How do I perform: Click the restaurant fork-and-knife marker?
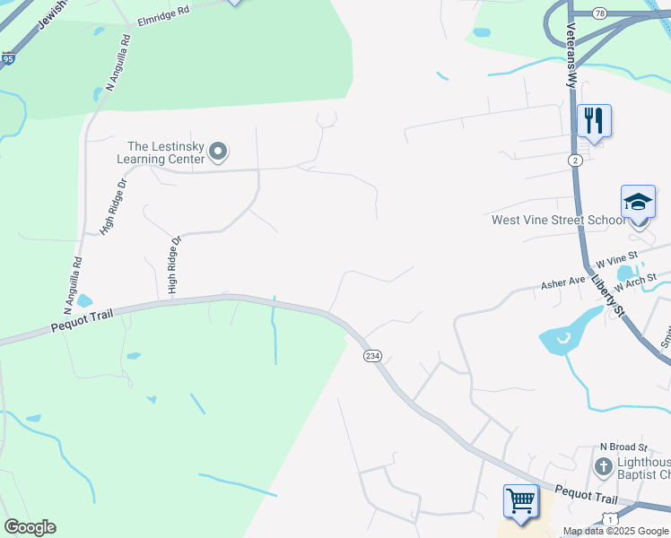[594, 120]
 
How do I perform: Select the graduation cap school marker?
[638, 202]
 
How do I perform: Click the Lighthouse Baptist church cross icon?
[603, 466]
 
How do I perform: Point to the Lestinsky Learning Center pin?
[218, 152]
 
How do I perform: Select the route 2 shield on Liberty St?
[575, 160]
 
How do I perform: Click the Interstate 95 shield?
[7, 58]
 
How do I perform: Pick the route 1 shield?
[609, 519]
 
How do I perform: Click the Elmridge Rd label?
[164, 15]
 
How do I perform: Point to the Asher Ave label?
[562, 285]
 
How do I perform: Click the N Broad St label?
[623, 447]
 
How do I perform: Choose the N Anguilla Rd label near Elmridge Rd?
[118, 63]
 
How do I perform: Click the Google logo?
[30, 527]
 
